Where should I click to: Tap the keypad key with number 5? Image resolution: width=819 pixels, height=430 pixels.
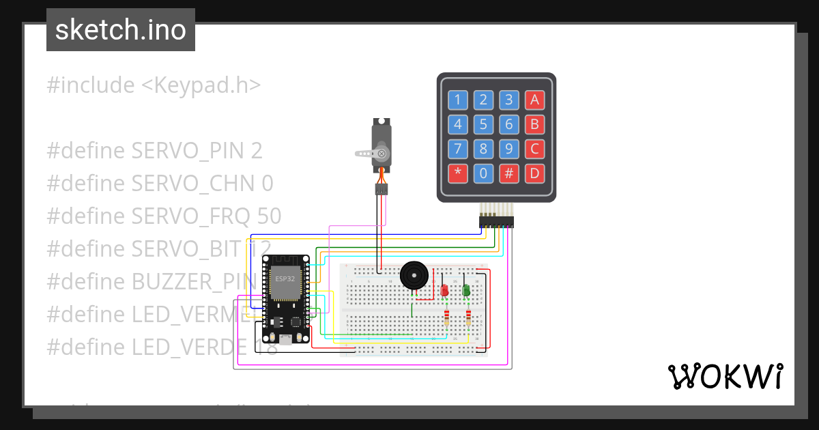click(483, 125)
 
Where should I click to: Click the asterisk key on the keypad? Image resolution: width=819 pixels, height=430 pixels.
click(457, 173)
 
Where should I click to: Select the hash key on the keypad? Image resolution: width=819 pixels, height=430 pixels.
click(508, 173)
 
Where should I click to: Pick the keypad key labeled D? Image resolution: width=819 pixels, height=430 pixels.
click(534, 173)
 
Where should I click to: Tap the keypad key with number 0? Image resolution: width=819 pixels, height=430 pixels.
click(483, 173)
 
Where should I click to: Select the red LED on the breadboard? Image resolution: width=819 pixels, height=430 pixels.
click(444, 290)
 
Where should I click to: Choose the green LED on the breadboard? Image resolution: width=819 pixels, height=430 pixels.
click(466, 290)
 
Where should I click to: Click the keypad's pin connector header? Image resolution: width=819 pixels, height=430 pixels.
click(496, 222)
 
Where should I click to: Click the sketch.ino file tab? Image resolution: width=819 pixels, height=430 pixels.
click(121, 30)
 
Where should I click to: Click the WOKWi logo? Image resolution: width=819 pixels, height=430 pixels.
click(724, 376)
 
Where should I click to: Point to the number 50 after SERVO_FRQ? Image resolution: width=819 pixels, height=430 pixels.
click(270, 216)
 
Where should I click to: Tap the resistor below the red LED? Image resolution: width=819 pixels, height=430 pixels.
click(447, 319)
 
